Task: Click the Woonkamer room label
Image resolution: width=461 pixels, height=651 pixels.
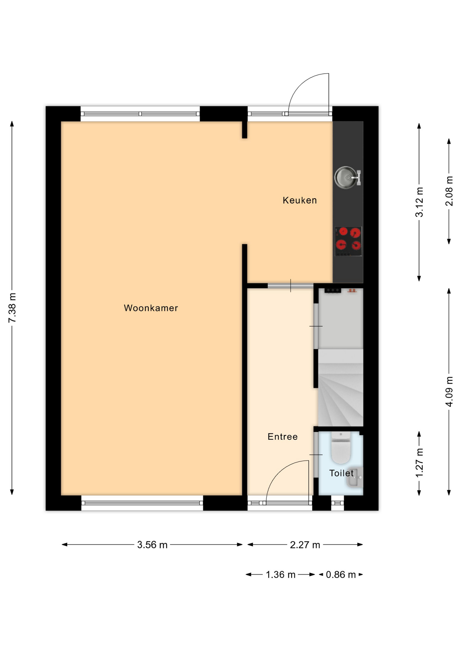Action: point(151,308)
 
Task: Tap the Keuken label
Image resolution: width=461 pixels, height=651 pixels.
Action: point(300,200)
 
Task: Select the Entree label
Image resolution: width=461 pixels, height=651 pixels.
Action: point(282,436)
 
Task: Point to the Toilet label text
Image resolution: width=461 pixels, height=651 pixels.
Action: point(341,473)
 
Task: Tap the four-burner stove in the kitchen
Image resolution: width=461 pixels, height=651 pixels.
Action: point(348,241)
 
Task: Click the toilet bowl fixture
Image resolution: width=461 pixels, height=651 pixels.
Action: point(340,448)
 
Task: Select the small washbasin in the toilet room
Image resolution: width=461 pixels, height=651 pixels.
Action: point(355,477)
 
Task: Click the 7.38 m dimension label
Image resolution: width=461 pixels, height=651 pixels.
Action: point(12,308)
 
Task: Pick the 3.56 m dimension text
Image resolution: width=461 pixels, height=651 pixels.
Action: point(152,545)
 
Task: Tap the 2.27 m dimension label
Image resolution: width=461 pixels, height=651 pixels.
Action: point(305,545)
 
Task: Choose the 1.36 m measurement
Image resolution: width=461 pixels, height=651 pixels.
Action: point(280,575)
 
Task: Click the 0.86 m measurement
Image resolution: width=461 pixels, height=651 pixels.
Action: point(341,575)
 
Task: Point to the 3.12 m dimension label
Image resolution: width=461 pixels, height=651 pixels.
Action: point(419,202)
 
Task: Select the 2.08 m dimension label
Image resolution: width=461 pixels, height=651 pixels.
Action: point(449,191)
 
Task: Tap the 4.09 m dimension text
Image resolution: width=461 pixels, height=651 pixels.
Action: point(449,392)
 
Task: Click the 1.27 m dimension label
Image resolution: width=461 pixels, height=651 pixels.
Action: point(419,463)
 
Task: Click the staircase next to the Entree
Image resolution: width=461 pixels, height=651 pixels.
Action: point(340,388)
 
